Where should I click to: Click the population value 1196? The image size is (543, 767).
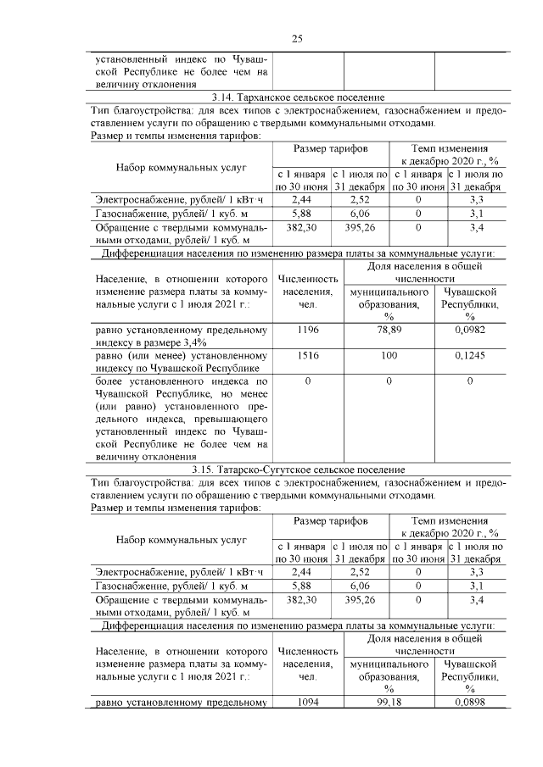coord(308,329)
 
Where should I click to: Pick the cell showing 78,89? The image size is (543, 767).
coord(389,329)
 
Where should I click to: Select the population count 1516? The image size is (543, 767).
coord(308,357)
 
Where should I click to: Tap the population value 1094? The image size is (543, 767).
coord(308,701)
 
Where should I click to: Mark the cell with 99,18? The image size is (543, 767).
coord(389,701)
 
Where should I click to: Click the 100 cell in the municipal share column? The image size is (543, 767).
coord(389,357)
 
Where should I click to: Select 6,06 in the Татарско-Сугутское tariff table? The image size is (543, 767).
coord(360,585)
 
